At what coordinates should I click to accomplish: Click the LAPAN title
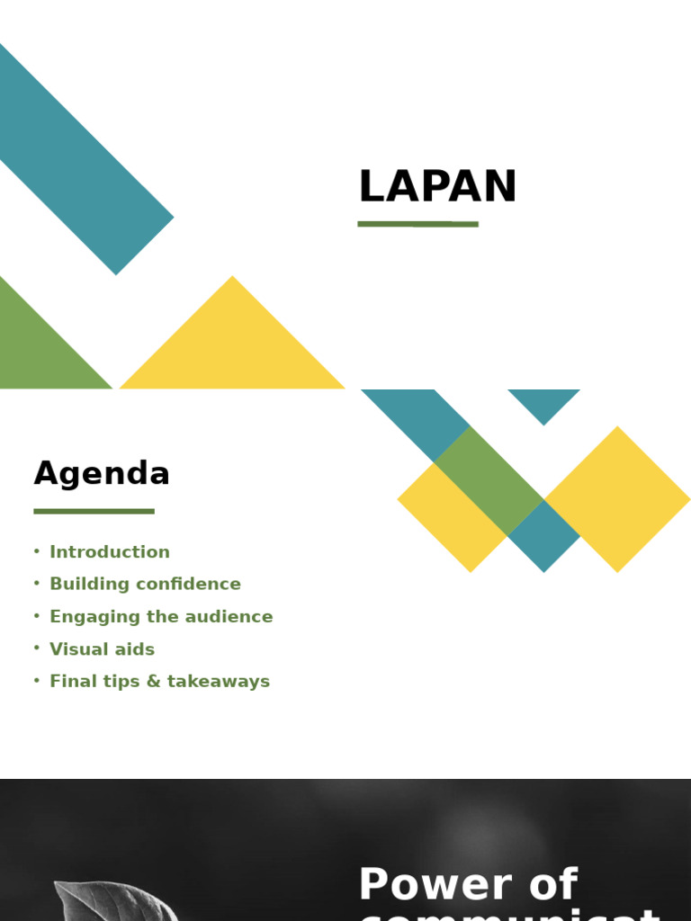click(x=437, y=187)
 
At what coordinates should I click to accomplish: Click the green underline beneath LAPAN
click(x=417, y=224)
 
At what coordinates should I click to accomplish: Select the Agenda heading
click(x=102, y=473)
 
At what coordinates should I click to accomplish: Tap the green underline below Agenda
click(x=94, y=512)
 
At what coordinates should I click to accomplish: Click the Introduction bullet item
click(x=110, y=552)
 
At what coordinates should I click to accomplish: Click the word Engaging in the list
click(x=85, y=617)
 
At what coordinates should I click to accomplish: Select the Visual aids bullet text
click(x=102, y=649)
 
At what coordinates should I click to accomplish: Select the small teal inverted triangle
click(x=543, y=402)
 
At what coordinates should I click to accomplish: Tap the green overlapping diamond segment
click(x=489, y=481)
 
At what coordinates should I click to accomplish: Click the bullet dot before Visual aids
click(x=37, y=648)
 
